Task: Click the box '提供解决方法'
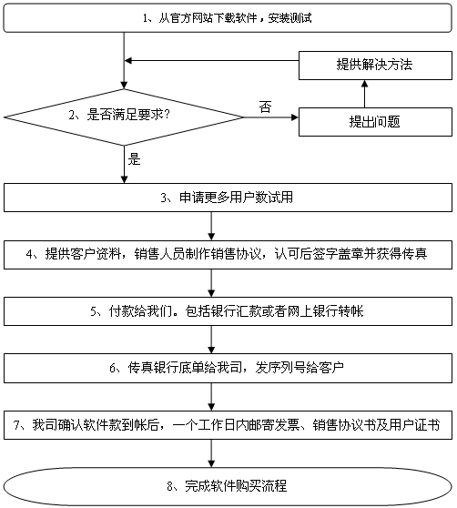[x=375, y=66]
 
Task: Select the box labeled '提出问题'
[x=375, y=122]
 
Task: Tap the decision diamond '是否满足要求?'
[x=124, y=117]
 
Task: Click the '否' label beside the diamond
[x=265, y=107]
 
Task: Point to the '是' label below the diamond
[x=134, y=159]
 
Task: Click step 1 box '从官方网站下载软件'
[x=228, y=18]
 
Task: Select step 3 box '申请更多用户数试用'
[x=228, y=198]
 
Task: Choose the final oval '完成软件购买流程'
[x=228, y=486]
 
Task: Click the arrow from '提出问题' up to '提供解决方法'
[x=364, y=94]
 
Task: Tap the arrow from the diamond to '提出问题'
[x=270, y=117]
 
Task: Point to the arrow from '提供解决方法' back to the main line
[x=211, y=61]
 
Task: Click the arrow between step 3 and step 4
[x=211, y=226]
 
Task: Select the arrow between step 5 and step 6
[x=211, y=340]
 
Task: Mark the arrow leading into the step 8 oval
[x=211, y=453]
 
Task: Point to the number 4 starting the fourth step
[x=29, y=254]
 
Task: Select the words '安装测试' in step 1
[x=290, y=18]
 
